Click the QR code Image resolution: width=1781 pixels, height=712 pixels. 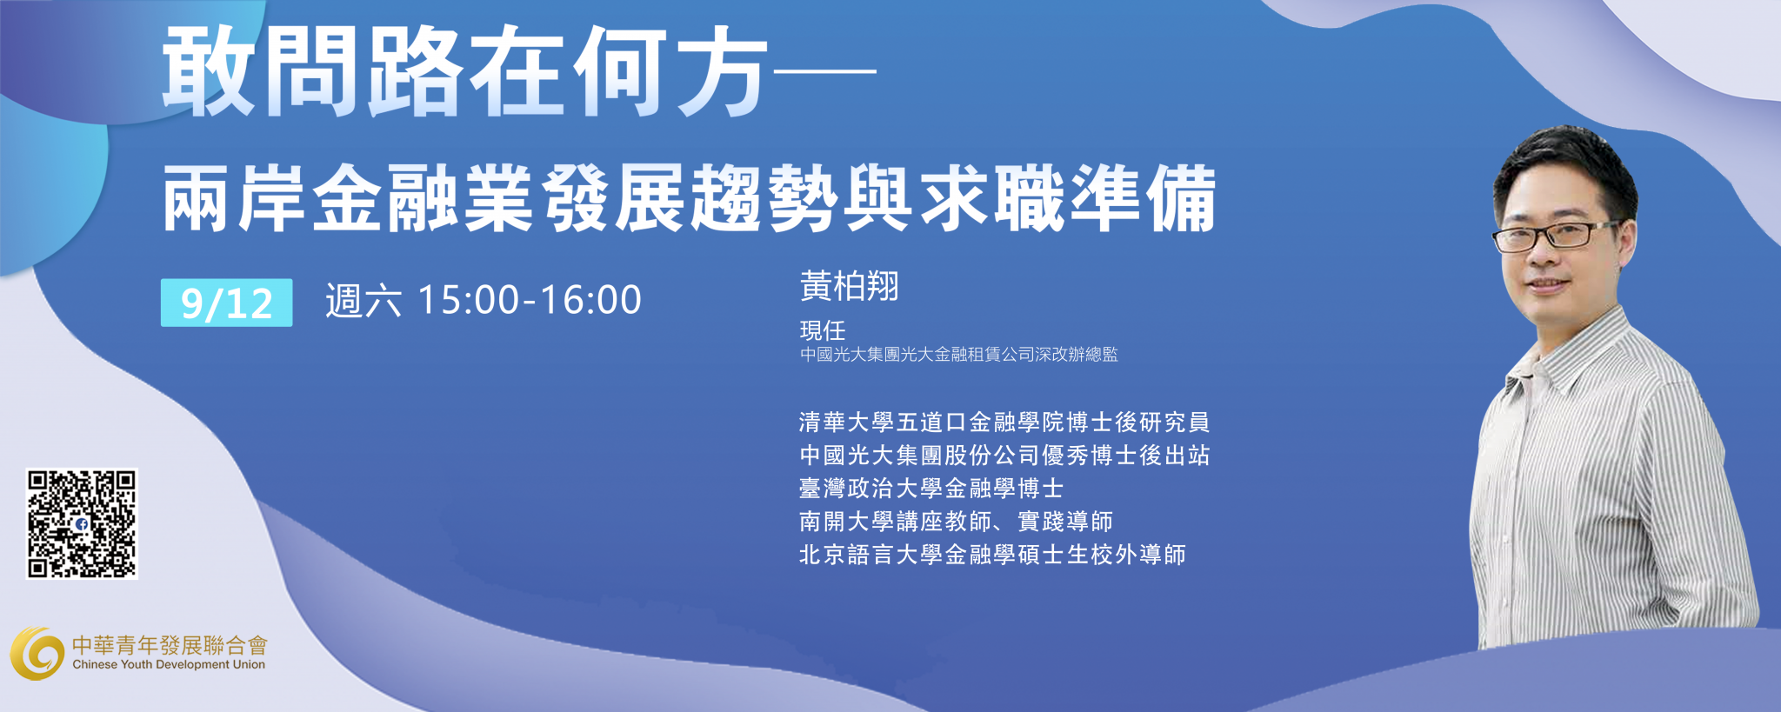(82, 523)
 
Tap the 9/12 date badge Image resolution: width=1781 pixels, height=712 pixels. (226, 303)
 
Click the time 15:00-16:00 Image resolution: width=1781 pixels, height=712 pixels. (530, 300)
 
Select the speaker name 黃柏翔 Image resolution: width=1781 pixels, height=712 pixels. (849, 286)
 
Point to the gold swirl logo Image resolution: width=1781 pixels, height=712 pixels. (37, 653)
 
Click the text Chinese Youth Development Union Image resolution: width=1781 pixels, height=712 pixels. (169, 664)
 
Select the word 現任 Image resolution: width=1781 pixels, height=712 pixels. (822, 330)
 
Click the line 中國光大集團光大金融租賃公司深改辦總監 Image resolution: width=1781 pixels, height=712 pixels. (958, 355)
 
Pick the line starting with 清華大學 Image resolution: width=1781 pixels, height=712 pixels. (1004, 423)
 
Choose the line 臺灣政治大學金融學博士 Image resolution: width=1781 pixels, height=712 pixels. (931, 489)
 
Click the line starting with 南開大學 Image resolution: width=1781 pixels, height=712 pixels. (956, 522)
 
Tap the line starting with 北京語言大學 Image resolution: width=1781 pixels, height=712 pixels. (992, 555)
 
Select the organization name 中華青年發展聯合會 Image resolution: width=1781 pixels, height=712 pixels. (170, 644)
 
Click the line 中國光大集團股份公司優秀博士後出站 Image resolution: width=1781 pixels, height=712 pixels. (1004, 456)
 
